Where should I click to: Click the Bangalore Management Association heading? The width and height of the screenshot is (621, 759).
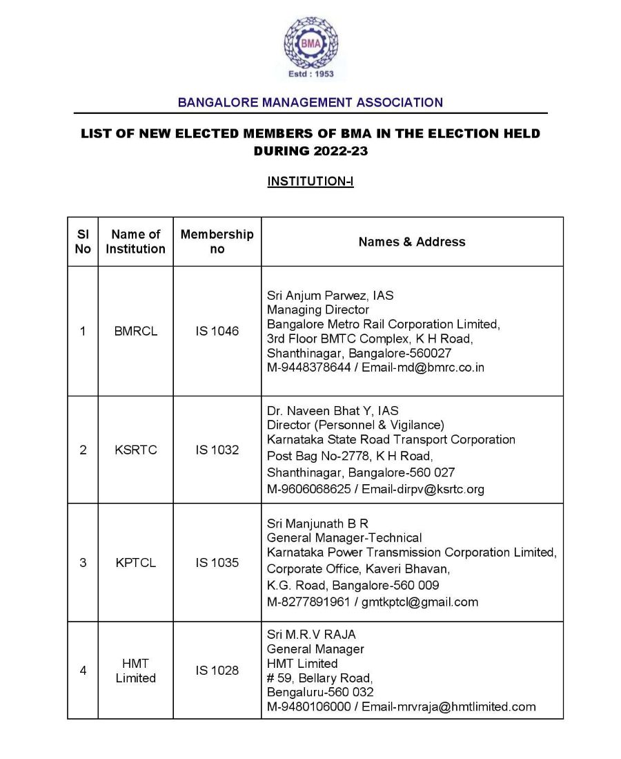pos(310,102)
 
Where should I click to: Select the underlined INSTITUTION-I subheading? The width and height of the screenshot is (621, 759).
pos(310,182)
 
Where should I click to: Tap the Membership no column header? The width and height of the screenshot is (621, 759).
pos(217,241)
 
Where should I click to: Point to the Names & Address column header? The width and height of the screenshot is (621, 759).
pos(412,242)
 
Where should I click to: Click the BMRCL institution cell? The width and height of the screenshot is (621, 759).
pos(136,331)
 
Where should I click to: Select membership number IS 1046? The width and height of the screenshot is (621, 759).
pos(217,331)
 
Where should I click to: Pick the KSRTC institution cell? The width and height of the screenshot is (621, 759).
pos(136,450)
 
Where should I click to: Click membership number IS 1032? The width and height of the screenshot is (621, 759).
pos(217,450)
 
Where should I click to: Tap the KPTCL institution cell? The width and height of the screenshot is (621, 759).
pos(136,562)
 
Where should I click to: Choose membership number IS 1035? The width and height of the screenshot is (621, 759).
pos(217,562)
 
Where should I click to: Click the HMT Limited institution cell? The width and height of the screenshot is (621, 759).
pos(136,671)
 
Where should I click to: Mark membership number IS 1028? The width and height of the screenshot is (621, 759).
pos(217,671)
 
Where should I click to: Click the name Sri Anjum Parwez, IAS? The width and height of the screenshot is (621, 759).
pos(331,295)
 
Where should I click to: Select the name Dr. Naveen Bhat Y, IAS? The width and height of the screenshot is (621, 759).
pos(333,411)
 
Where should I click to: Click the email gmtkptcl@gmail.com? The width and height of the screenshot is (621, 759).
pos(420,602)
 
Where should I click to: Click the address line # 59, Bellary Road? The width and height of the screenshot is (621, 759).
pos(320,678)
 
